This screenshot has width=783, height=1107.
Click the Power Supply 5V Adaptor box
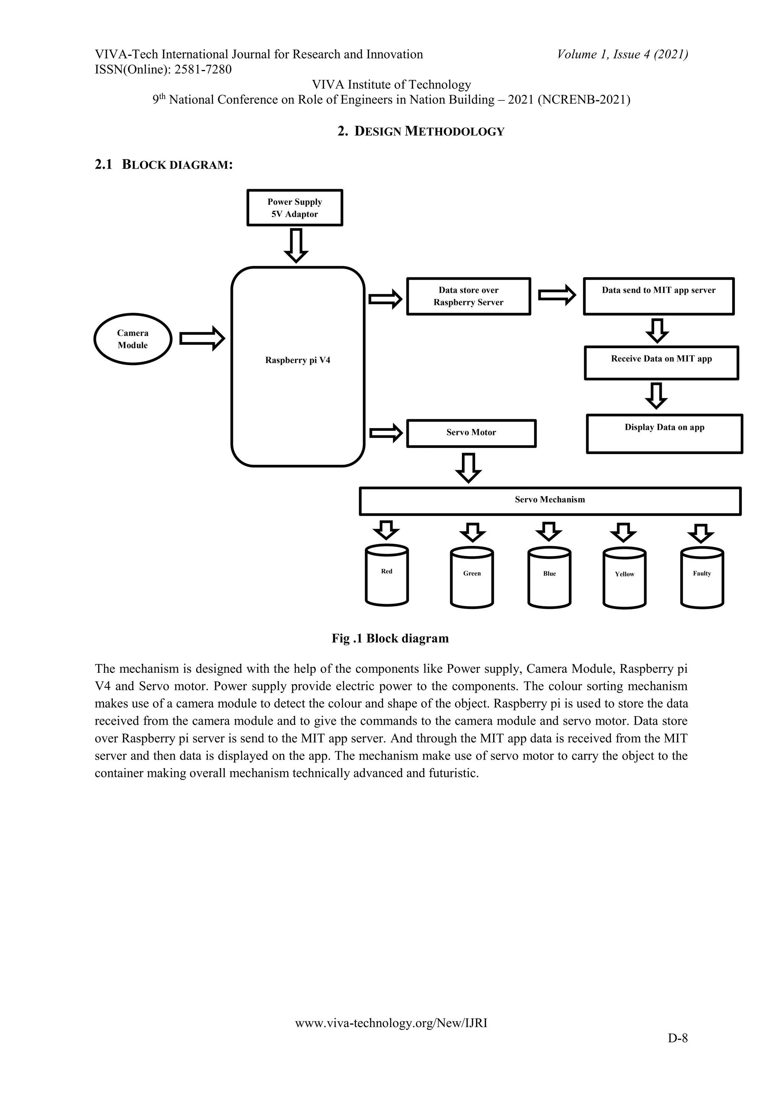click(295, 208)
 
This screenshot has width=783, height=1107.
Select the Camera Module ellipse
click(133, 339)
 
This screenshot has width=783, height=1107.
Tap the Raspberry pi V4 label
click(297, 360)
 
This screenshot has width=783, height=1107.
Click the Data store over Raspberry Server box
click(468, 296)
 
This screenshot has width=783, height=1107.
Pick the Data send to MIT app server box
click(659, 296)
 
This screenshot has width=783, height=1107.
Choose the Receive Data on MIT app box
click(661, 363)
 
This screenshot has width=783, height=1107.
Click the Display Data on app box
click(664, 433)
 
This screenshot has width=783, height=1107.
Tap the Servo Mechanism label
click(550, 500)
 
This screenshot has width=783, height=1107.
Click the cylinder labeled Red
click(387, 575)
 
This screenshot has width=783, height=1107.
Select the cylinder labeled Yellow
click(624, 578)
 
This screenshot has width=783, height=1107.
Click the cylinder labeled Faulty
click(702, 577)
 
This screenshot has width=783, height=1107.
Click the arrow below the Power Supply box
click(296, 245)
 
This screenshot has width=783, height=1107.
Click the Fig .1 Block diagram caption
click(390, 638)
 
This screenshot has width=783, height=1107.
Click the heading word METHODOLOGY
click(454, 131)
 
